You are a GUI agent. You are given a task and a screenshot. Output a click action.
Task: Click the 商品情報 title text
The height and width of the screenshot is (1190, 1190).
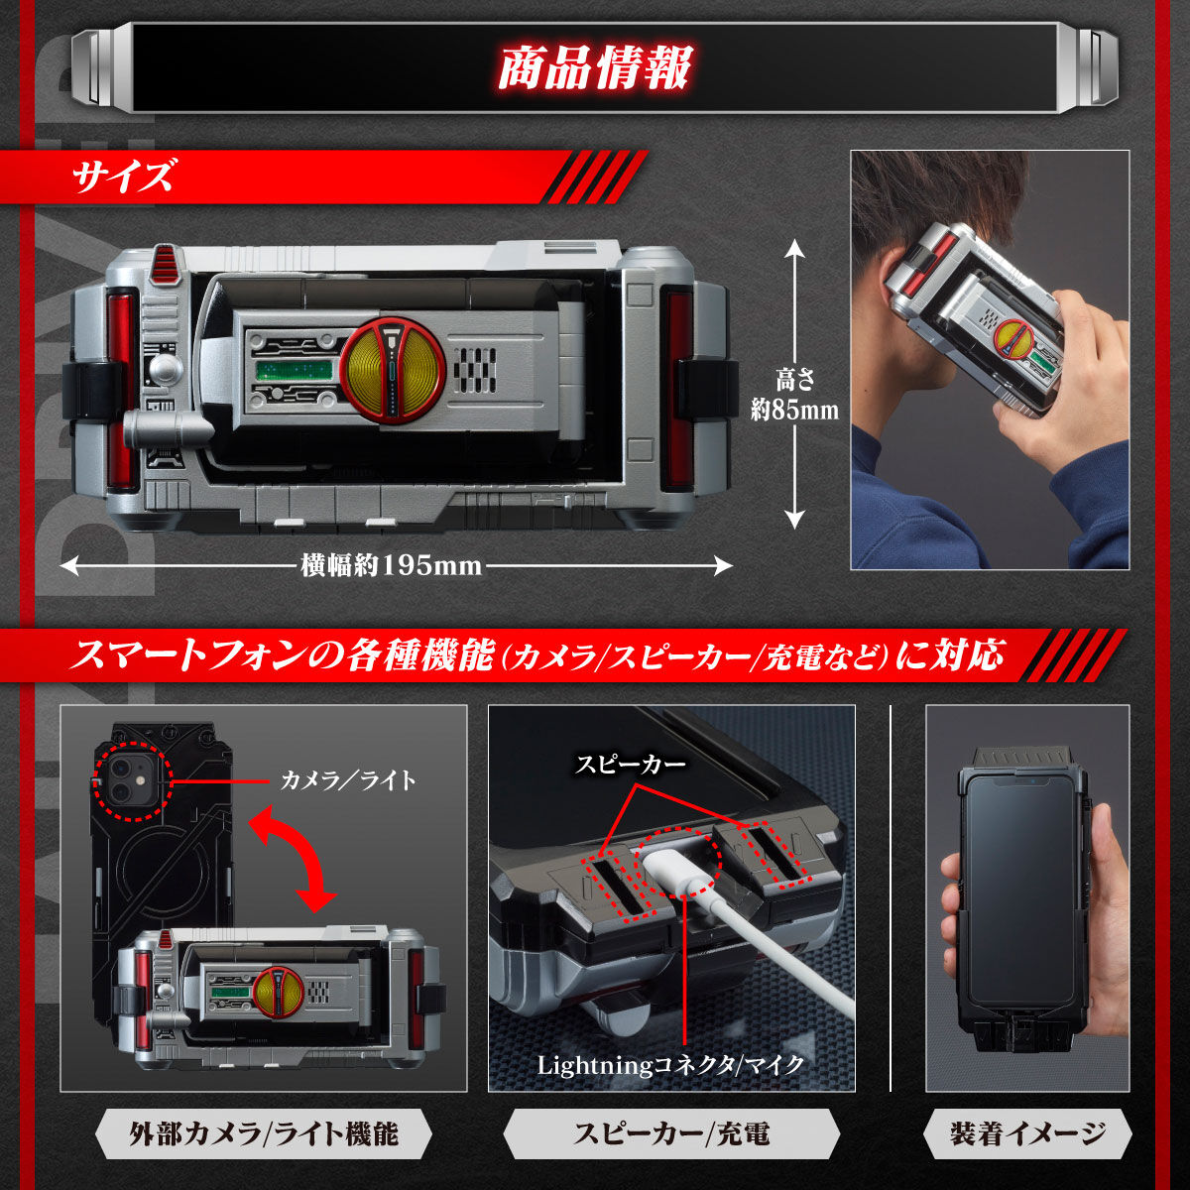[594, 68]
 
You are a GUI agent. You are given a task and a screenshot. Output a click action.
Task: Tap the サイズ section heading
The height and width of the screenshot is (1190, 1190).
[123, 178]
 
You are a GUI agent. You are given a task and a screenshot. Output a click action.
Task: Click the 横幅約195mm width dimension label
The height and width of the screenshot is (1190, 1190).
[391, 565]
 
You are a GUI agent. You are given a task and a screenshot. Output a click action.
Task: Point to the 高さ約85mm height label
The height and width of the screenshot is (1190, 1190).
[793, 394]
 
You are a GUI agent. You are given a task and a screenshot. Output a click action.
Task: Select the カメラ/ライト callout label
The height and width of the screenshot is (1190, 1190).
[348, 780]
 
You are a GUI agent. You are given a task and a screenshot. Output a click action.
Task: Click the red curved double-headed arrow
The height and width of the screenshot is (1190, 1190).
[290, 858]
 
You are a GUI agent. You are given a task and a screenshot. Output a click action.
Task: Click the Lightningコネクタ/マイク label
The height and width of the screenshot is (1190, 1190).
[670, 1065]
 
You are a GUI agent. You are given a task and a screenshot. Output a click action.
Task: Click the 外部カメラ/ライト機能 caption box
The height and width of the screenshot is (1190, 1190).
[264, 1133]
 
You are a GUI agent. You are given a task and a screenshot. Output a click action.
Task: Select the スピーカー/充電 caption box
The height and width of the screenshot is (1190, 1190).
[671, 1133]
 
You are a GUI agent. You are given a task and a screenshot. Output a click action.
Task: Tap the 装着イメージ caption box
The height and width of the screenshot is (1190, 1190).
[1027, 1133]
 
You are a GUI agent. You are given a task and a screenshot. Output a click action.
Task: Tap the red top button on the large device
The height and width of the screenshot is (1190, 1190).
[166, 264]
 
